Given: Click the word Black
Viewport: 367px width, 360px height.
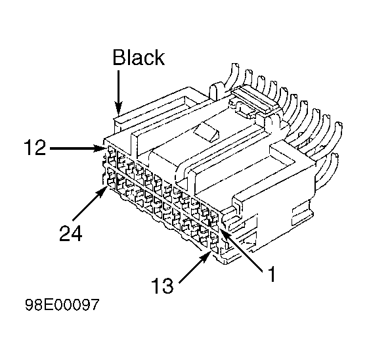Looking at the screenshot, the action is tap(139, 57).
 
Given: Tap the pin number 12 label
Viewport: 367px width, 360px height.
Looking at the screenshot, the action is tap(35, 147).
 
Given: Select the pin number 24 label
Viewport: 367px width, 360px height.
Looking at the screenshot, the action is tap(71, 233).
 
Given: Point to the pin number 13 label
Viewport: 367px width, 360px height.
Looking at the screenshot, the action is tap(162, 286).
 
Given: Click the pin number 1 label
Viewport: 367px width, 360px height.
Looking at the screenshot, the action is tap(271, 274).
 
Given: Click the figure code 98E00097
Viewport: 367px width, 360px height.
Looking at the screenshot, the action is tap(62, 305).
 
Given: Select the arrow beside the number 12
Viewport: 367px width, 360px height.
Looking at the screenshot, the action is tap(77, 148).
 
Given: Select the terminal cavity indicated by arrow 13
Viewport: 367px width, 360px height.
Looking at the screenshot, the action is tap(215, 245).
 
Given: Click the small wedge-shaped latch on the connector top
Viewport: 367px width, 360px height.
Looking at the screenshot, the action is tap(207, 132).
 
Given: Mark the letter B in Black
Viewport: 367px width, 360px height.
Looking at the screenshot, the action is tap(119, 57).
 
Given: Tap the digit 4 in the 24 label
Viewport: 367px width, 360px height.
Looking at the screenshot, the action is tap(77, 233).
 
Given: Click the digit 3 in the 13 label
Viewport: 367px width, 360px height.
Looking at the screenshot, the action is tap(168, 286).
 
